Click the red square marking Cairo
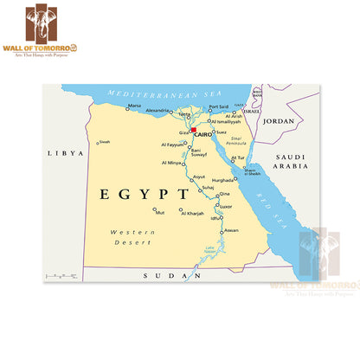tap(195, 130)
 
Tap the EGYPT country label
tap(143, 194)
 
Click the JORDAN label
tap(279, 123)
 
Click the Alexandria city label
tap(157, 111)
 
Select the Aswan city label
tap(231, 230)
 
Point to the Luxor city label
tap(226, 207)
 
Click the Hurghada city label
tap(223, 179)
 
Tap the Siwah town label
tap(104, 142)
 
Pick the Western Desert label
tap(132, 237)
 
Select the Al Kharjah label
tap(192, 213)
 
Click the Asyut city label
tap(199, 177)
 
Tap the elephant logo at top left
tap(42, 23)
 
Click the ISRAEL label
tap(251, 112)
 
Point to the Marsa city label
tap(134, 106)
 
